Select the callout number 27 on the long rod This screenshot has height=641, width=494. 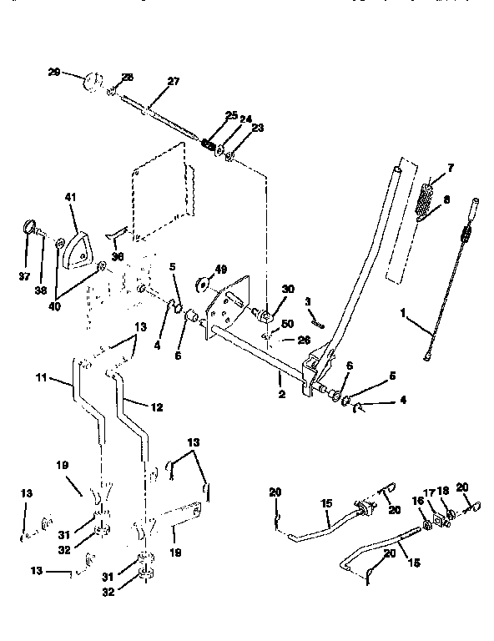point(173,81)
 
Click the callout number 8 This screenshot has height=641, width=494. point(447,200)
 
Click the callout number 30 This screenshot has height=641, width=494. point(289,289)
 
